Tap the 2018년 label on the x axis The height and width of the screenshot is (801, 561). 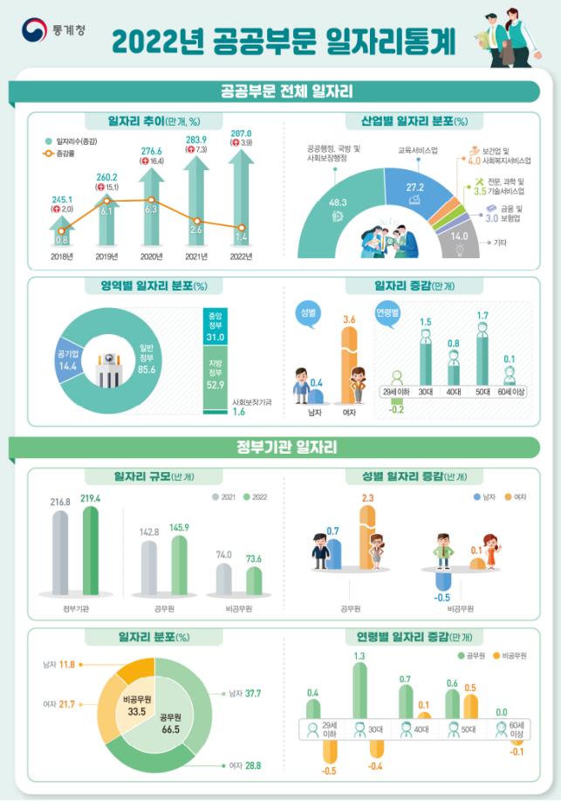(62, 257)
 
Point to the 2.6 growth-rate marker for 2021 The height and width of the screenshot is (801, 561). (198, 222)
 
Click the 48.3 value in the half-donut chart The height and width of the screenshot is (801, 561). (338, 202)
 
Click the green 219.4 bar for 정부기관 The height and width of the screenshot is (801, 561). (92, 549)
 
